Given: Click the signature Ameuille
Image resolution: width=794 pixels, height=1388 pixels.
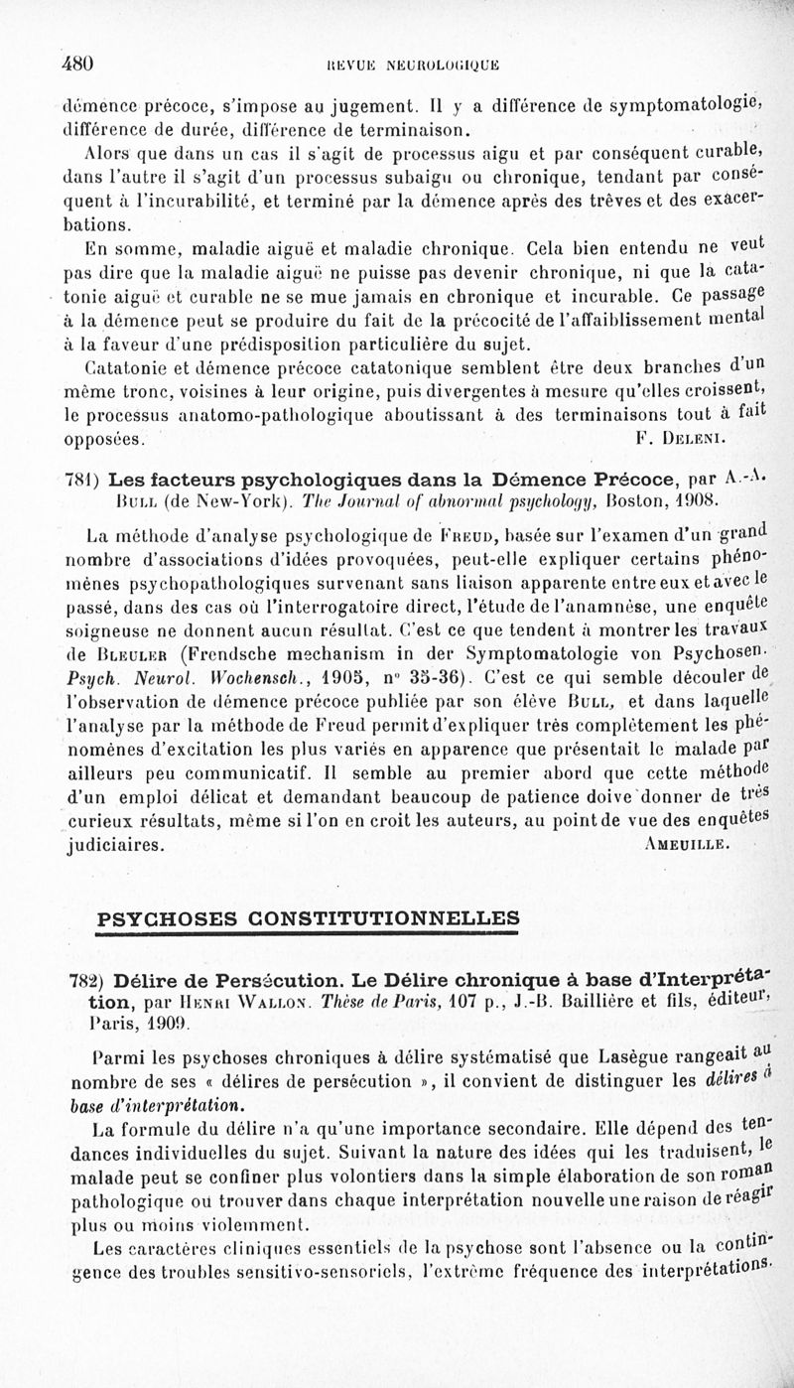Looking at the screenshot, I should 687,846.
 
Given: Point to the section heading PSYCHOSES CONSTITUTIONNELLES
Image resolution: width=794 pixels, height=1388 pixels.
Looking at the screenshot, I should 308,917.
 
